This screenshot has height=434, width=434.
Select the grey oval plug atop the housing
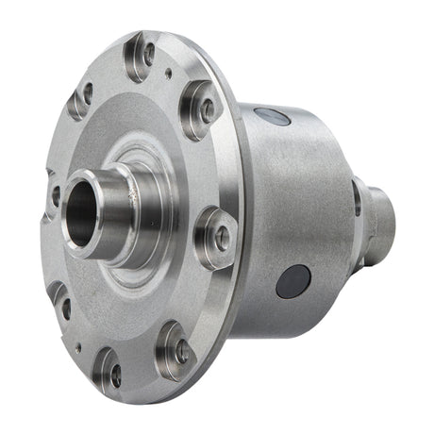pyautogui.click(x=274, y=117)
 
